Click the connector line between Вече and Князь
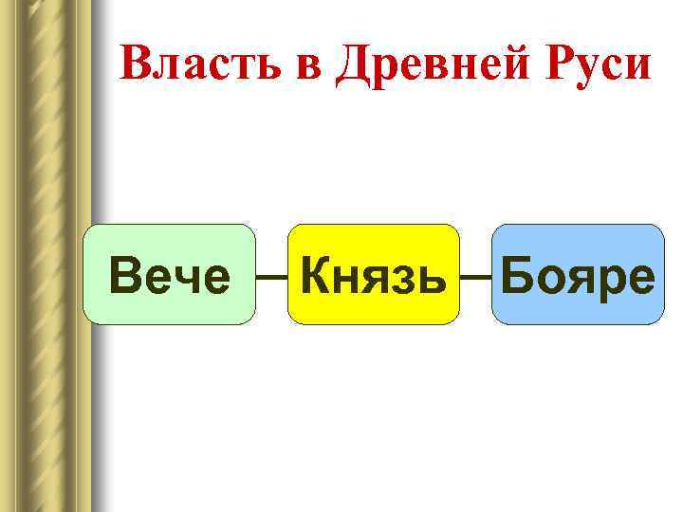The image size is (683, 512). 271,278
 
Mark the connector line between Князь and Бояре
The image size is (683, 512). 474,278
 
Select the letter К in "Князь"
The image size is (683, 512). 315,276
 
